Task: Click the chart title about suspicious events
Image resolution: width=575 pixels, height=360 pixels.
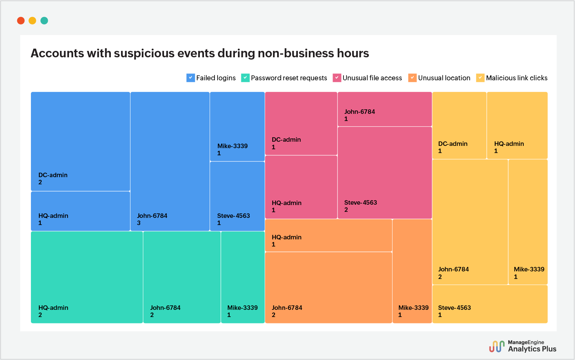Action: (200, 53)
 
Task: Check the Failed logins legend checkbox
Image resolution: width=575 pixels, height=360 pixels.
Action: (190, 78)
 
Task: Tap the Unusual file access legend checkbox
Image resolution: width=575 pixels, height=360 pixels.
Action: (337, 78)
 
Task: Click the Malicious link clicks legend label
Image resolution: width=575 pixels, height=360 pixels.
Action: (517, 78)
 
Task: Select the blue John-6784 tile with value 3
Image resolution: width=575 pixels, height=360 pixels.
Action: (170, 161)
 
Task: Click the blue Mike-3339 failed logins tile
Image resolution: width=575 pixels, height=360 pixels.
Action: (237, 126)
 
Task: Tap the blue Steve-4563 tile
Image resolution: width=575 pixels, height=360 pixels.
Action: (237, 196)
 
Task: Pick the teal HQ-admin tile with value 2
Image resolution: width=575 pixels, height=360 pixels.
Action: (87, 277)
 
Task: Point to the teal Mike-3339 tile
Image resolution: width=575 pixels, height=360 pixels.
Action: (243, 277)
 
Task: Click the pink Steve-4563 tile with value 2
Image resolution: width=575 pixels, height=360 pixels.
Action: (385, 173)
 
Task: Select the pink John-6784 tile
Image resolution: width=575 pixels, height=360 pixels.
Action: (385, 109)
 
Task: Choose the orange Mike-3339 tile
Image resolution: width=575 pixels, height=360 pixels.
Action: (412, 271)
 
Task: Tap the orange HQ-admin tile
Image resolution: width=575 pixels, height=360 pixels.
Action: (328, 235)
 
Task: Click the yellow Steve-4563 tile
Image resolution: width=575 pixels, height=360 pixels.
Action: (490, 304)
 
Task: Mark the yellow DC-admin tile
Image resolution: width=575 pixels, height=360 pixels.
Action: (459, 125)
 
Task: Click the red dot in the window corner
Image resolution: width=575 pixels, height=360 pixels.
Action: (21, 21)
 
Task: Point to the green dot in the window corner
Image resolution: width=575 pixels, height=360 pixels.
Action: (44, 21)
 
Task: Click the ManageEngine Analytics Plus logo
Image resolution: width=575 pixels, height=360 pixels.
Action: (523, 346)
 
